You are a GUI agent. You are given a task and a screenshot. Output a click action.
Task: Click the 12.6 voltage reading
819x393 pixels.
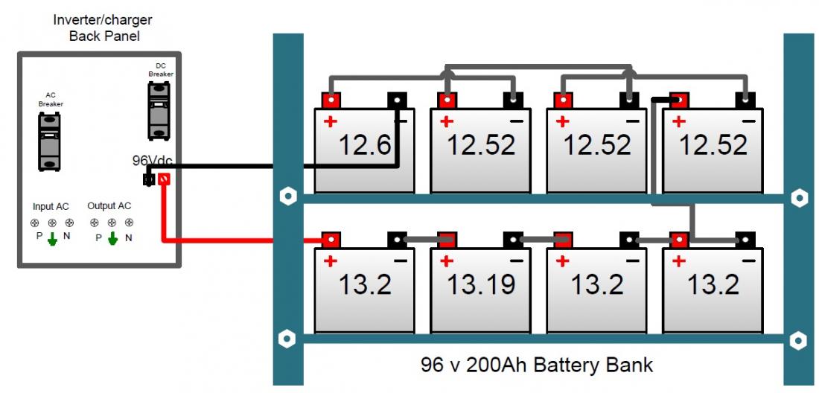click(366, 144)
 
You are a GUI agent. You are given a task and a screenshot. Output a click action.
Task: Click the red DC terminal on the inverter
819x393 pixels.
click(163, 179)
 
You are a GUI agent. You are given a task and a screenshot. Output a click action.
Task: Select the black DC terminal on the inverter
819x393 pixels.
click(148, 179)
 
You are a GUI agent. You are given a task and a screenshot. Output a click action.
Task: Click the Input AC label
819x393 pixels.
click(51, 206)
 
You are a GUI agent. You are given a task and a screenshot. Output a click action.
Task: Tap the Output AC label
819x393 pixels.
click(109, 206)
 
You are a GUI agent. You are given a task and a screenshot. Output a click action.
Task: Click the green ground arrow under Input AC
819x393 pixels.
click(52, 239)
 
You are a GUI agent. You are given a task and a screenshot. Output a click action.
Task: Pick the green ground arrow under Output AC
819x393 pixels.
click(112, 239)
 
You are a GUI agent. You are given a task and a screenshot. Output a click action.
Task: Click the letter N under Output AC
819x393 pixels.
click(129, 238)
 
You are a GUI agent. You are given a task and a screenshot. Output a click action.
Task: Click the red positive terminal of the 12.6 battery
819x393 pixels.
click(331, 100)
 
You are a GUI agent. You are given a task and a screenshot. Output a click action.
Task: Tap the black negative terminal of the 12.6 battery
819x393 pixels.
click(397, 100)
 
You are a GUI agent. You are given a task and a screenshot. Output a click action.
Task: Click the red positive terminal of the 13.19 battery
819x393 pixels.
click(447, 240)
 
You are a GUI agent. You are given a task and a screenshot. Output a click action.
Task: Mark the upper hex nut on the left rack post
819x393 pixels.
click(286, 198)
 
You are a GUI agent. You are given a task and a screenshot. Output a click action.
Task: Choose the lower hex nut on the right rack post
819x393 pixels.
click(798, 339)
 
